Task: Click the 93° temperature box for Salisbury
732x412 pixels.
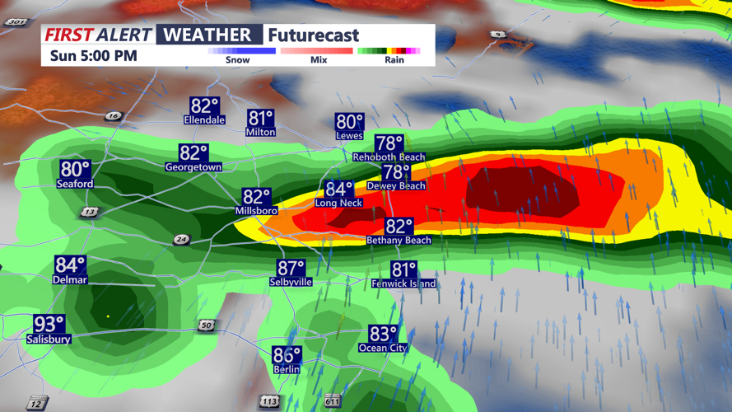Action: pyautogui.click(x=49, y=324)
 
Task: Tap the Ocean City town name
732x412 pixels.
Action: pyautogui.click(x=383, y=348)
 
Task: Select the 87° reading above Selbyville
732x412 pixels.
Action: pyautogui.click(x=291, y=269)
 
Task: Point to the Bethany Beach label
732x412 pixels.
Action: pyautogui.click(x=399, y=241)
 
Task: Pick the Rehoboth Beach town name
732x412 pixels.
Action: pyautogui.click(x=389, y=157)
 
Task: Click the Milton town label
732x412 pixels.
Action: pyautogui.click(x=260, y=132)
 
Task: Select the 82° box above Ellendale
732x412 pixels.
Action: pyautogui.click(x=204, y=106)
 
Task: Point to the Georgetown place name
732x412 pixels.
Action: pyautogui.click(x=193, y=167)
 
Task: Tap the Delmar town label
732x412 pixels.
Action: pyautogui.click(x=70, y=280)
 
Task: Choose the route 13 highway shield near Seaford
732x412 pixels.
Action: pyautogui.click(x=89, y=212)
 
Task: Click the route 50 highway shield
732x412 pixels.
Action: pyautogui.click(x=206, y=325)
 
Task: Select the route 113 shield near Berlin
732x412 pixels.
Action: pyautogui.click(x=268, y=401)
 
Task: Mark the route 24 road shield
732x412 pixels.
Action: pyautogui.click(x=181, y=240)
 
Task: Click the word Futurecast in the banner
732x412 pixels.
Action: pyautogui.click(x=314, y=35)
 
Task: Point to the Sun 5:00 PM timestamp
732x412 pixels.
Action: pyautogui.click(x=93, y=56)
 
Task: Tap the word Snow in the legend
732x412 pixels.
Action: pyautogui.click(x=237, y=60)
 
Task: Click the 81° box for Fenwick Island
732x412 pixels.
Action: pyautogui.click(x=403, y=269)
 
